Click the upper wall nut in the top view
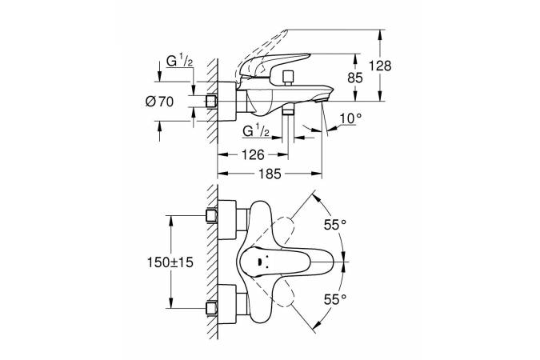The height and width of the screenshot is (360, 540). [213, 215]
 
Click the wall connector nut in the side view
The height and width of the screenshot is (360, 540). [213, 102]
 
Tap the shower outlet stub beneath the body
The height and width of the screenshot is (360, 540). [290, 118]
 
